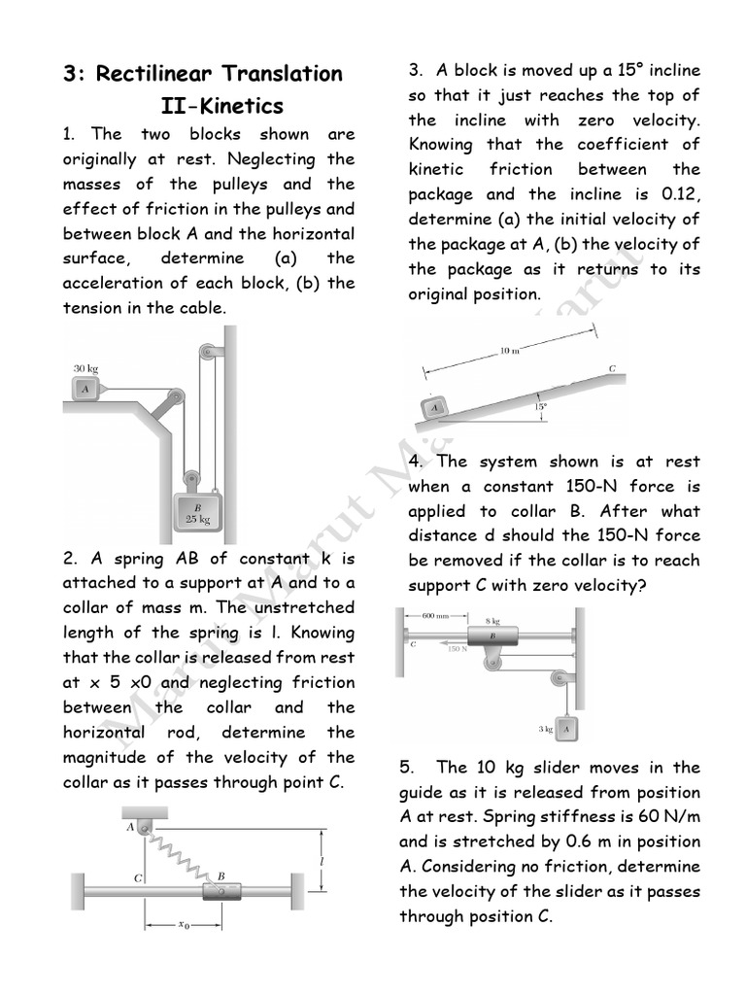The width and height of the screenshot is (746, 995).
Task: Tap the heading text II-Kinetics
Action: (221, 105)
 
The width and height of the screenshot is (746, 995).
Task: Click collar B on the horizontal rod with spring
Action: (220, 888)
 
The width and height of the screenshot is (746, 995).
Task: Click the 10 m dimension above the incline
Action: (510, 351)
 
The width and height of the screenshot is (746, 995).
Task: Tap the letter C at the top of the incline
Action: (612, 369)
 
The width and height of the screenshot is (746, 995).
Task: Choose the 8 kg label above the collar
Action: (492, 619)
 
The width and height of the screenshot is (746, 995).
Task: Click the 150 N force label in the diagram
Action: (458, 648)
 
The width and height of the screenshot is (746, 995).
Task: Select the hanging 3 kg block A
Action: (567, 727)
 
